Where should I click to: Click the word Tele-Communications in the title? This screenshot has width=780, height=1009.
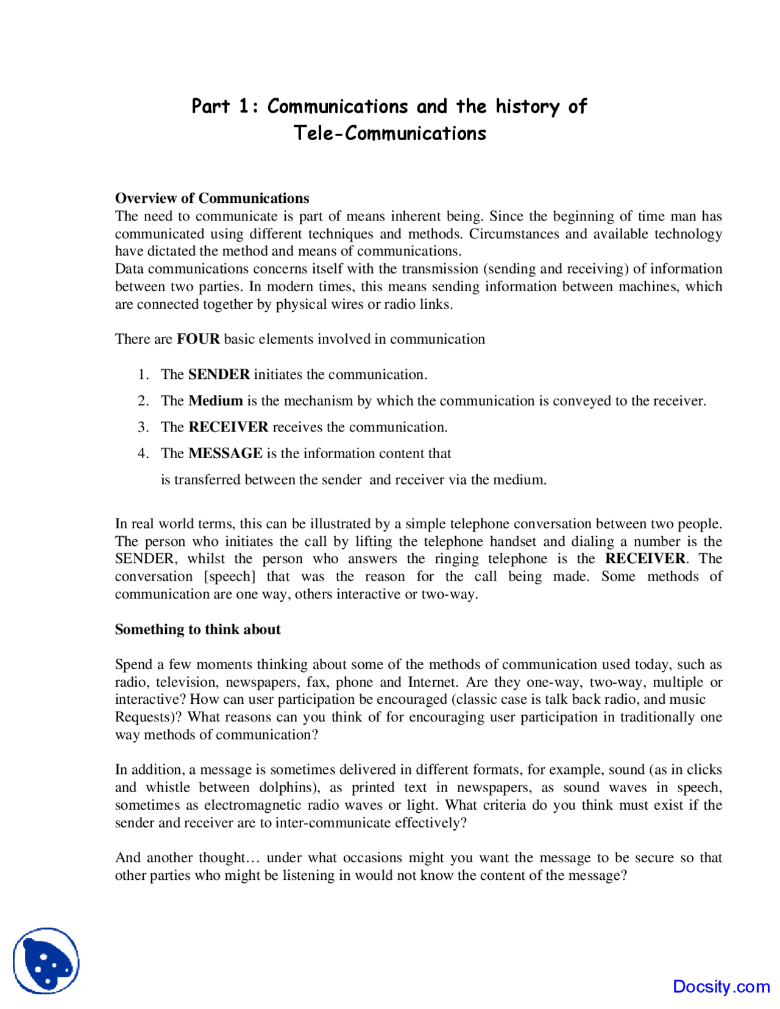(390, 133)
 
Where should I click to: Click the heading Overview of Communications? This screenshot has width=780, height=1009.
(212, 198)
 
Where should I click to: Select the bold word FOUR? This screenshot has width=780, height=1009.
(198, 339)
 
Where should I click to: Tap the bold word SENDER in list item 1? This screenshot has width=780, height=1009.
(219, 374)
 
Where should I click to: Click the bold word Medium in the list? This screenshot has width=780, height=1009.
(216, 400)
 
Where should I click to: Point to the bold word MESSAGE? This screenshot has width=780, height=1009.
(225, 453)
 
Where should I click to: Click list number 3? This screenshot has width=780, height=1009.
(143, 427)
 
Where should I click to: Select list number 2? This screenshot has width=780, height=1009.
(143, 400)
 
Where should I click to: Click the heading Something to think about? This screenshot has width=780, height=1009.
(197, 629)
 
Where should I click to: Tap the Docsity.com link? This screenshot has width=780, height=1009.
(721, 986)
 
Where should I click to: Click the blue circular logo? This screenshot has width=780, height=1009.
(46, 961)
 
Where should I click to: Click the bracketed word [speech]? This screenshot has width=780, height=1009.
(230, 576)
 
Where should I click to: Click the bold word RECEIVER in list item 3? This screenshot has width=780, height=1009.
(229, 427)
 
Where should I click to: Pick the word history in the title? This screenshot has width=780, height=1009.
(527, 107)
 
